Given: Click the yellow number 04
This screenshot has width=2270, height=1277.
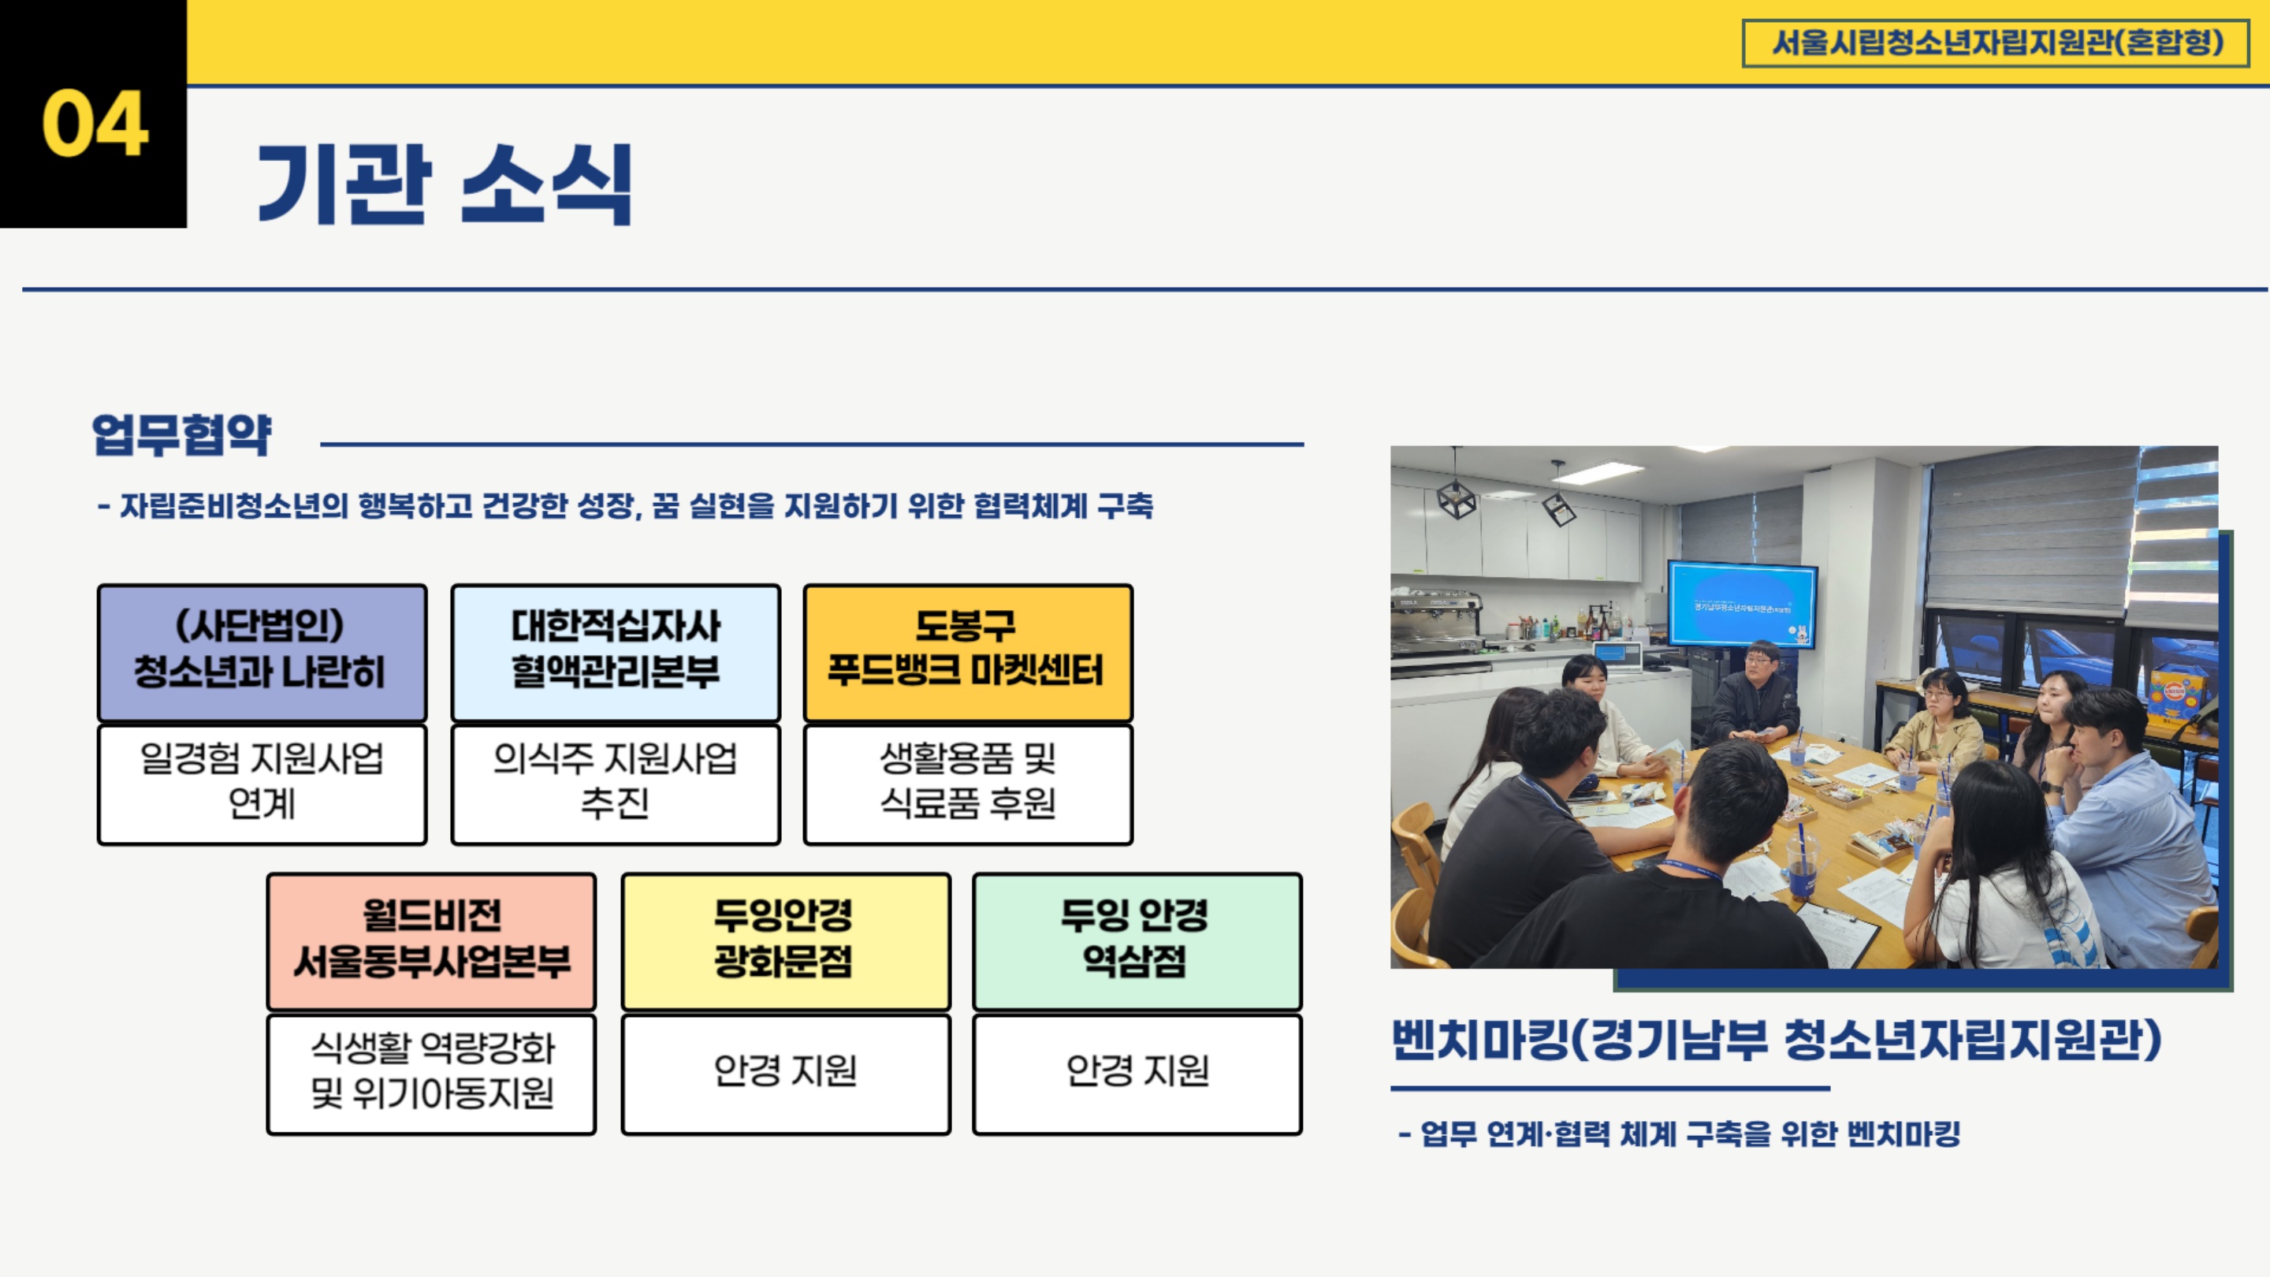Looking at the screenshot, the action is pyautogui.click(x=95, y=124).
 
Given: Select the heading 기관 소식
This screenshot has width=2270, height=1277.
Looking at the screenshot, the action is pyautogui.click(x=445, y=184).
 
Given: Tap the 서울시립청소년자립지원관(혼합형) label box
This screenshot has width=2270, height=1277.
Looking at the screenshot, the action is pyautogui.click(x=1996, y=43).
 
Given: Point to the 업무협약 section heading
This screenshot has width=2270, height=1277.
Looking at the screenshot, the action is pyautogui.click(x=182, y=434).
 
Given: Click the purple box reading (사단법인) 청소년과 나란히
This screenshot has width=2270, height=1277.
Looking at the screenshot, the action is pyautogui.click(x=262, y=653).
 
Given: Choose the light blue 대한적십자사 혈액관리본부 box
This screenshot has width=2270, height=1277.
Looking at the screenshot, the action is pyautogui.click(x=615, y=653).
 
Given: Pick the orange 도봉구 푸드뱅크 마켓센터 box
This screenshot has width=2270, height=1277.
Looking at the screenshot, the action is pyautogui.click(x=968, y=653).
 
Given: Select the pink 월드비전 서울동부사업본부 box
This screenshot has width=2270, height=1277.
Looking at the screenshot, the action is pyautogui.click(x=432, y=941).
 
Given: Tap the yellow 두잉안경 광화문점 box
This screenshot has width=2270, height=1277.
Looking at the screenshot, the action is pyautogui.click(x=785, y=941).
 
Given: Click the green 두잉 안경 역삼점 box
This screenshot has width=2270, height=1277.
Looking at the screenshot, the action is pyautogui.click(x=1137, y=941).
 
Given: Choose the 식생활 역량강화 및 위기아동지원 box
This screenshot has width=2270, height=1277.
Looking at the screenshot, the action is pyautogui.click(x=432, y=1074).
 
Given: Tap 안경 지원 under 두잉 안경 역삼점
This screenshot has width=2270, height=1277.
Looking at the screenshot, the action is pyautogui.click(x=1137, y=1070).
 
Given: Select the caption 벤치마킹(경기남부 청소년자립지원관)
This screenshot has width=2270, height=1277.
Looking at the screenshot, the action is pyautogui.click(x=1777, y=1040).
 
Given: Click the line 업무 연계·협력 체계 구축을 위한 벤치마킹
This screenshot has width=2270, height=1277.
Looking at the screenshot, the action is pyautogui.click(x=1680, y=1134).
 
